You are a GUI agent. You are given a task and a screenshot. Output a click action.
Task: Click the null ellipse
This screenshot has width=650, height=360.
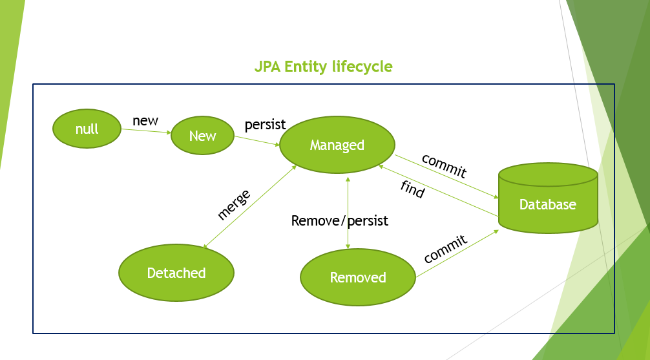coord(87,129)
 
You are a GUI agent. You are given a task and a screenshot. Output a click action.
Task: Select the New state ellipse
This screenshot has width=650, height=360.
coord(203,135)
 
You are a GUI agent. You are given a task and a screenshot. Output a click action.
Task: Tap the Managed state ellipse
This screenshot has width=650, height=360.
coord(337,145)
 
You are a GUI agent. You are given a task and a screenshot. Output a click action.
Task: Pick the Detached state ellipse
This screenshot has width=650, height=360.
coord(176,273)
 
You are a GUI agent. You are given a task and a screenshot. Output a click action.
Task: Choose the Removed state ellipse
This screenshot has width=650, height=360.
coord(358,277)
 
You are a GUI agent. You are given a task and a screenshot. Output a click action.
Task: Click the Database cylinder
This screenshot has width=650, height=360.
coord(548,198)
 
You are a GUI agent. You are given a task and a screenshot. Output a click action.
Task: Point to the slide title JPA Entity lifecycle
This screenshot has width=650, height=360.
coord(323,67)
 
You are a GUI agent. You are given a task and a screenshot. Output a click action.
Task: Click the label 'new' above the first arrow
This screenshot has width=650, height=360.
coord(145,121)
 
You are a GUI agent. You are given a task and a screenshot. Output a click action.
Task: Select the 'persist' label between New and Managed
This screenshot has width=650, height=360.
coord(266,125)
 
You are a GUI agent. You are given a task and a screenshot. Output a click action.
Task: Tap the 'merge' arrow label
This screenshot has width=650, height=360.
coord(234,205)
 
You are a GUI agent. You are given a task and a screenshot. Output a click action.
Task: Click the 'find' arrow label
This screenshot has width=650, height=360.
coord(412,189)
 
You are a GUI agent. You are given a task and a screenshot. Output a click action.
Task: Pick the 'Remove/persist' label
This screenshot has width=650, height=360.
coord(339,220)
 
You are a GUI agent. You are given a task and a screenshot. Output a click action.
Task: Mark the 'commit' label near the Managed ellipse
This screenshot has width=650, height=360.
coord(444,165)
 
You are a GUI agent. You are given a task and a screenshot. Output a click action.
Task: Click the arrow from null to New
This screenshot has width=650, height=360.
coord(146,131)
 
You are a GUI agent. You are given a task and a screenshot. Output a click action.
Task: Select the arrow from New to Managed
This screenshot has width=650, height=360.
coord(257,141)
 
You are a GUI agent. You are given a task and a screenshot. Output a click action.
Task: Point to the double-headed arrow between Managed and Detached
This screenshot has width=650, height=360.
coord(249,207)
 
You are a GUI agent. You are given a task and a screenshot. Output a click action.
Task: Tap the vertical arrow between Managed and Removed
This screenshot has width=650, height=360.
coord(348,213)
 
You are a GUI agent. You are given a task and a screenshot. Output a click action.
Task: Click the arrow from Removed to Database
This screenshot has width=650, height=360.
coord(457,253)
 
